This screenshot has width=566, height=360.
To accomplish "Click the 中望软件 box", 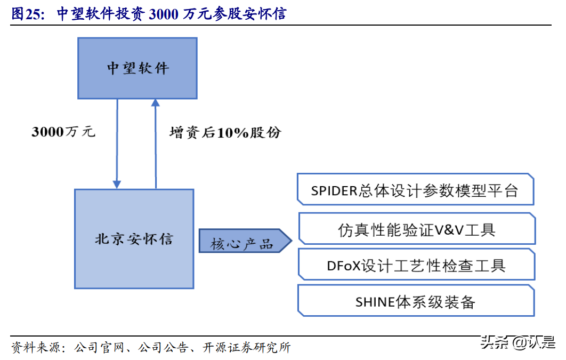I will pos(137,68).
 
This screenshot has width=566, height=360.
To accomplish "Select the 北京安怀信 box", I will pos(134,238).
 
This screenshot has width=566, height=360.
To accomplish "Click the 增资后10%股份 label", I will pos(224,133).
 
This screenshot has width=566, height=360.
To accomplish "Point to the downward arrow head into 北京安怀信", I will pos(117,183).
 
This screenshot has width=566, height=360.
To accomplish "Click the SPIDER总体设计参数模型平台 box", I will pos(415,190).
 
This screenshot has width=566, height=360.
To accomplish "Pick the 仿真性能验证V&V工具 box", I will pos(416,229).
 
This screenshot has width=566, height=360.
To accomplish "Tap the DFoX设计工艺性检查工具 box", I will pos(416,265).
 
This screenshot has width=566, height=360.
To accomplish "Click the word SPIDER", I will pos(334,191).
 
